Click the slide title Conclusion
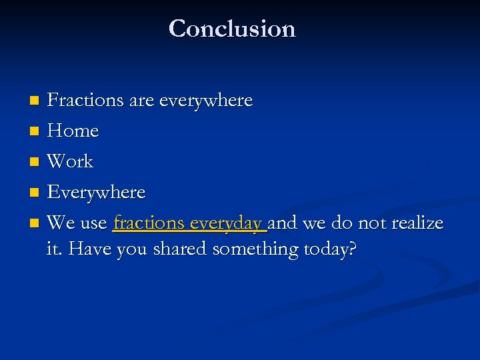232,29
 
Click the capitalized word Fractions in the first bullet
86,100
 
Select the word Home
73,131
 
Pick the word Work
71,161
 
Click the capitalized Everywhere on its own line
97,193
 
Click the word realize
417,223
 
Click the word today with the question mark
330,249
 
